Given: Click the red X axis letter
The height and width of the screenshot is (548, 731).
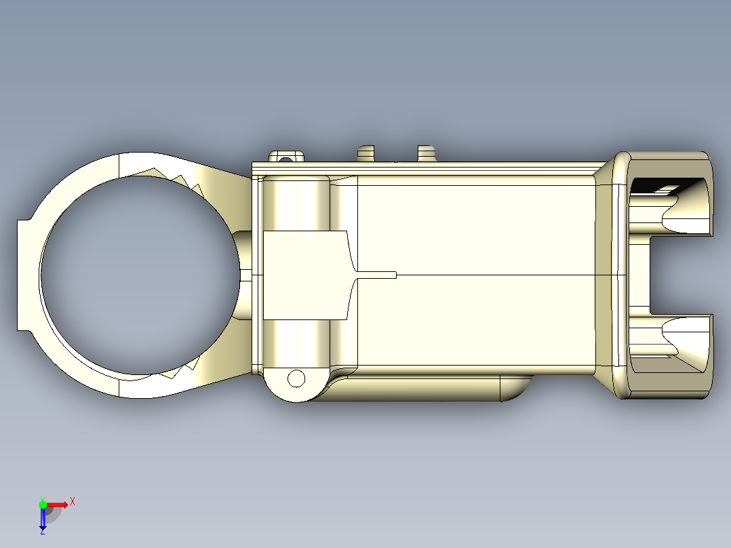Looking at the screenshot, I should (73, 501).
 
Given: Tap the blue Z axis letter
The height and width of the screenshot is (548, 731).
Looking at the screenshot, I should (42, 532).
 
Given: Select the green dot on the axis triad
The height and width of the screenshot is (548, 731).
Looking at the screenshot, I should (43, 504).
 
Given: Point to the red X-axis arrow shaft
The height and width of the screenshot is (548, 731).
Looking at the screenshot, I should (56, 505).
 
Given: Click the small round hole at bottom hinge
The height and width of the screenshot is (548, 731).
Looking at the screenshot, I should (296, 378).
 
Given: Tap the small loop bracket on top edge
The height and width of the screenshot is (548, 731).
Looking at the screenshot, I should (286, 157).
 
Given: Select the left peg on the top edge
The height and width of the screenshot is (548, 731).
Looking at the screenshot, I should (366, 153).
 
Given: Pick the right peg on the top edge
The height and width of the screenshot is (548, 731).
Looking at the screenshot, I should (425, 153).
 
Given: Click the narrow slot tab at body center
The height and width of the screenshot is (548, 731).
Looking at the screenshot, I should (376, 275).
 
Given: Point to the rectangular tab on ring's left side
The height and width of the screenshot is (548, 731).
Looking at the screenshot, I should (25, 275).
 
